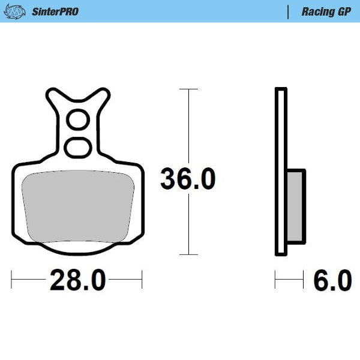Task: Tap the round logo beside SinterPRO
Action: (x=19, y=11)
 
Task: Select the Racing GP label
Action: (x=326, y=11)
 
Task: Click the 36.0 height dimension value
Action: (x=187, y=179)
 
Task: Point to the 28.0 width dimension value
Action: (x=77, y=280)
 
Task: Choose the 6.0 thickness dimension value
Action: (x=332, y=280)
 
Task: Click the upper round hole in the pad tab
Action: (x=77, y=121)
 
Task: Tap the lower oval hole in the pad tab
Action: (x=77, y=146)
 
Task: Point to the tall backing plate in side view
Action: (x=280, y=171)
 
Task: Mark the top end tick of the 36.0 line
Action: (x=189, y=89)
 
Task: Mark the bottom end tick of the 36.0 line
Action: (x=189, y=254)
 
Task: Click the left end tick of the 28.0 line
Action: (x=13, y=279)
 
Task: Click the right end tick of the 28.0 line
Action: (x=142, y=279)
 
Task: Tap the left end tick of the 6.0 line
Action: (x=275, y=279)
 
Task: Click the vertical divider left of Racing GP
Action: (x=289, y=11)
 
